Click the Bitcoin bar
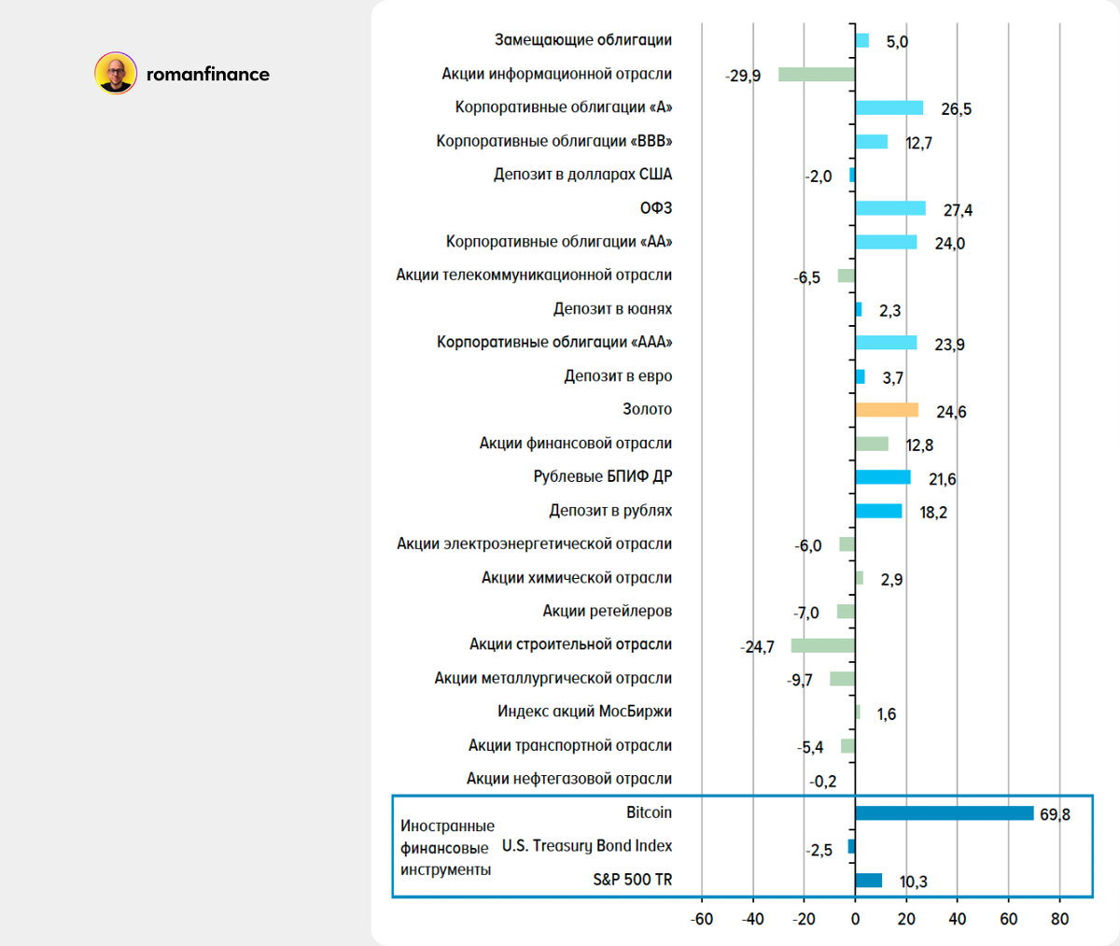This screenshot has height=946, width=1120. point(944,813)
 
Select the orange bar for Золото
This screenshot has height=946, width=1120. point(887,410)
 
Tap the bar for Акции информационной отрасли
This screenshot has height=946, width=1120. point(817,75)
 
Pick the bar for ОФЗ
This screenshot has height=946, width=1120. point(890,208)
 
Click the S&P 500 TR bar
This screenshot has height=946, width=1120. point(868,881)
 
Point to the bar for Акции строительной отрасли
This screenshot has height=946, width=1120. point(822,645)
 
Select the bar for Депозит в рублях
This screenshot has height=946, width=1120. point(878,511)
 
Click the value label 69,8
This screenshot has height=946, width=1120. point(1055,815)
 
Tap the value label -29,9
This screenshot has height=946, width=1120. point(743,76)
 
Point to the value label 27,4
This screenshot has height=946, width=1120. point(958,210)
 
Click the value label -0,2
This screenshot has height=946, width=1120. point(823,782)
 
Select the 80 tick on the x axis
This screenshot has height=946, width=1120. point(1059,919)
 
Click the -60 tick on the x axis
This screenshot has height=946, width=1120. point(701,919)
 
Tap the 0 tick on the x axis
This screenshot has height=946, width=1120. point(855,919)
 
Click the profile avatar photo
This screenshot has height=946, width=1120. point(116,74)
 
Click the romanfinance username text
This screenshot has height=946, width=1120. point(208,75)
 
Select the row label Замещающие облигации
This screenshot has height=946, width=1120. point(582,40)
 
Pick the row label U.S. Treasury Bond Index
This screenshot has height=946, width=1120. point(586,846)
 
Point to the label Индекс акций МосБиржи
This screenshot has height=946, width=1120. point(584,712)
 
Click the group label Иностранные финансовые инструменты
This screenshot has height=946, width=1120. point(447,848)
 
